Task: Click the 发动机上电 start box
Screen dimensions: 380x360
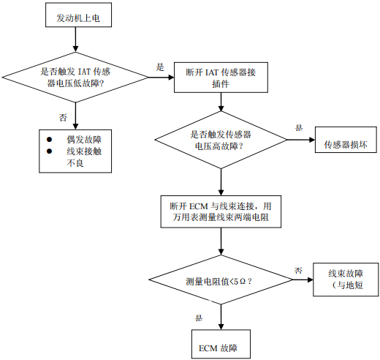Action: coord(78,15)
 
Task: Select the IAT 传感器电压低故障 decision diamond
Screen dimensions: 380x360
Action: coord(75,78)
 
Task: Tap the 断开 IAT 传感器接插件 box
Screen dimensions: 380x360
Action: coord(221,78)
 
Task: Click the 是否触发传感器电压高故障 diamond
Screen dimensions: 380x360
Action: coord(221,140)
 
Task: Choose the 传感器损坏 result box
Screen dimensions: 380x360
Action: coord(346,140)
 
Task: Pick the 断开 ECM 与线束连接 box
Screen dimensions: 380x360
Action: coord(221,211)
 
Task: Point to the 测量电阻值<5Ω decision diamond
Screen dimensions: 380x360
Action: coord(221,280)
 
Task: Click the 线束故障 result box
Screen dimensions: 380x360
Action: coord(346,280)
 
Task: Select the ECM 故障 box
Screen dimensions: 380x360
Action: coord(221,344)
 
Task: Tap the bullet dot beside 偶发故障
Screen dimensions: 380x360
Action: coord(49,140)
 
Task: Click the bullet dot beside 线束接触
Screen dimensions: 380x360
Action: coord(49,151)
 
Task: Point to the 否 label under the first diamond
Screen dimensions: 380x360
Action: coord(63,118)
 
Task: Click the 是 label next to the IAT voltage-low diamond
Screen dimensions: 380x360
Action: coord(160,67)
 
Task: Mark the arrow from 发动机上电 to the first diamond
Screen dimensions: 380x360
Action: coord(75,40)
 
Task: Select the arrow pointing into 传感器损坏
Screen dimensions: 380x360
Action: coord(301,140)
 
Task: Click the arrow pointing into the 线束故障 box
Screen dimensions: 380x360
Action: coord(303,280)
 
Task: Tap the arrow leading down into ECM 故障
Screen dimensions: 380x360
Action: coord(221,317)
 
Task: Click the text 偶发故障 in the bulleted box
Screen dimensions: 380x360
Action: coord(84,140)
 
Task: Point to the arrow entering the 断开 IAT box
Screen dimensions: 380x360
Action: coord(161,78)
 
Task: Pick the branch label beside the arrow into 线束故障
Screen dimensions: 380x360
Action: coord(298,270)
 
